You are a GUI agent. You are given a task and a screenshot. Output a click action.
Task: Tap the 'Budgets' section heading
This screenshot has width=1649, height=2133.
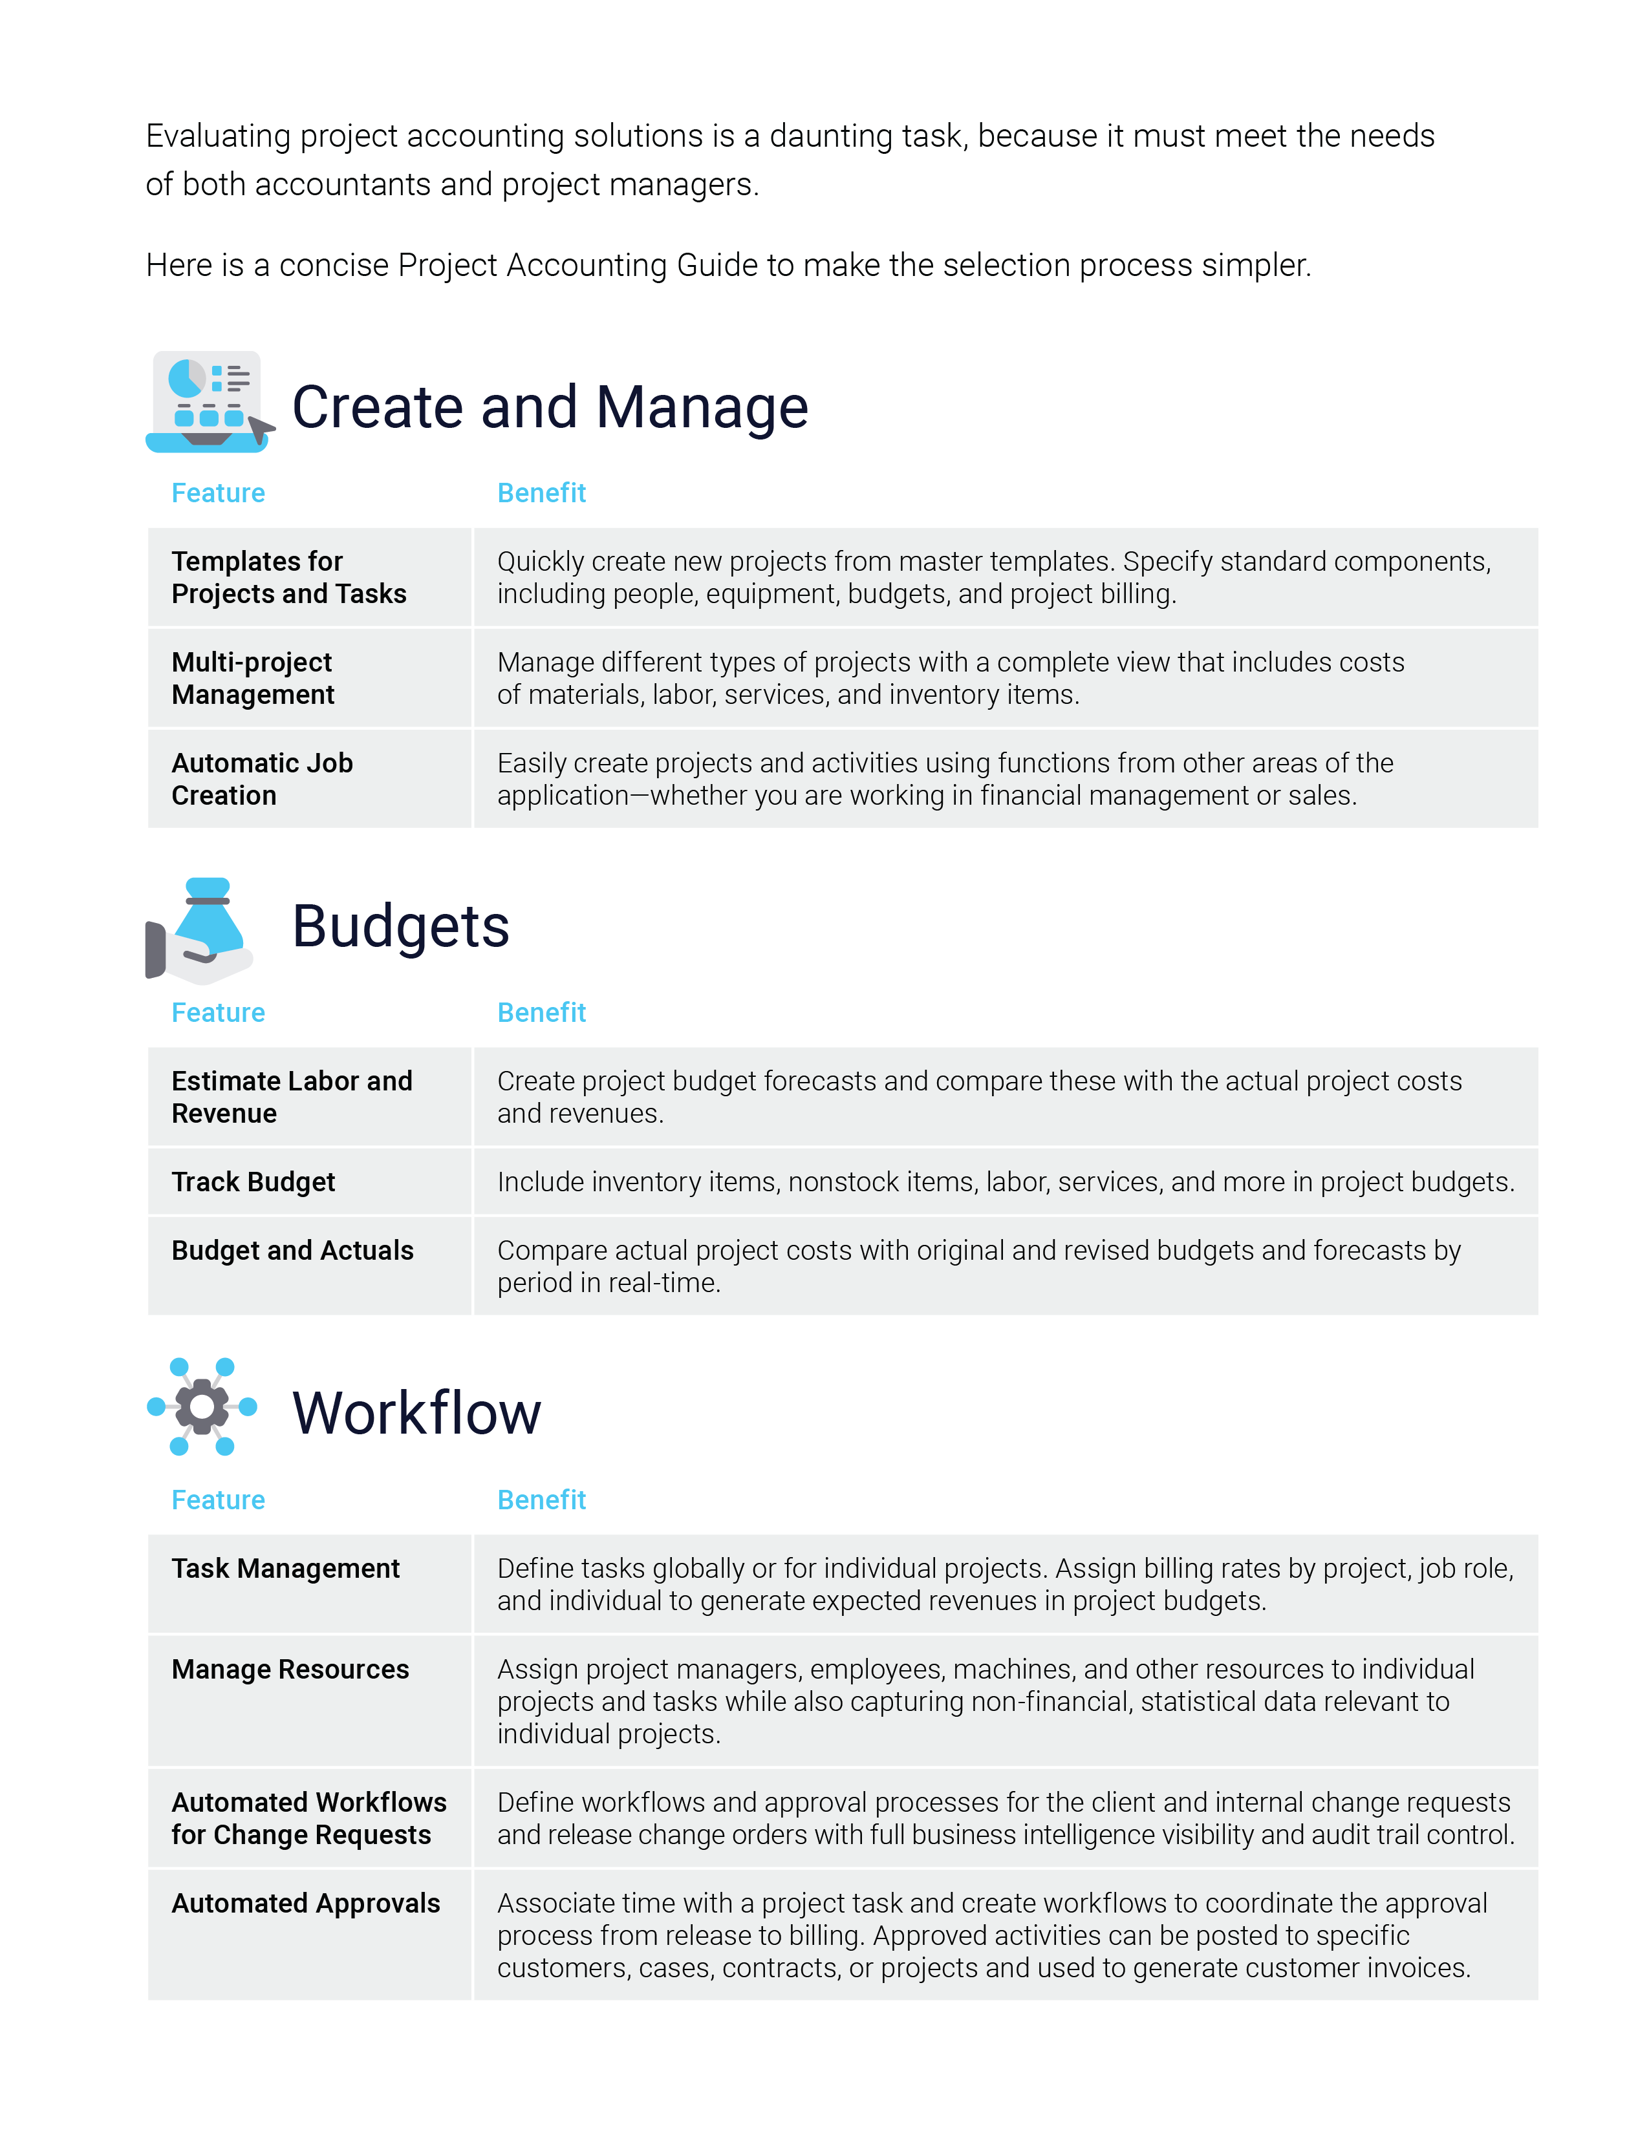[x=400, y=926]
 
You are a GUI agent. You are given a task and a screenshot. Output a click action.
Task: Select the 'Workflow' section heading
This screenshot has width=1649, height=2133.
[x=416, y=1412]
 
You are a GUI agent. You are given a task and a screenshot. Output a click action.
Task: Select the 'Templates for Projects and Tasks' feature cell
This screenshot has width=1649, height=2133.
[x=288, y=577]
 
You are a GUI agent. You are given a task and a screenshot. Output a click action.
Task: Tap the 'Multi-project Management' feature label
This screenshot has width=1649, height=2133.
[x=252, y=678]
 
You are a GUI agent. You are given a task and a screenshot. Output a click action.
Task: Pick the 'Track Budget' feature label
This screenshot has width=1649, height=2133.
[x=253, y=1182]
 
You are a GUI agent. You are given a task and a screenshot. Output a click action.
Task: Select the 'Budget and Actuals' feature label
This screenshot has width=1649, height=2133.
[x=292, y=1250]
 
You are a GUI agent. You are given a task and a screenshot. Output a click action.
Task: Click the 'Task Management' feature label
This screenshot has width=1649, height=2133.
[x=285, y=1569]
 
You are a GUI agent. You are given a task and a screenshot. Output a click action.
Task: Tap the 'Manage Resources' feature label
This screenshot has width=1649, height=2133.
[x=290, y=1669]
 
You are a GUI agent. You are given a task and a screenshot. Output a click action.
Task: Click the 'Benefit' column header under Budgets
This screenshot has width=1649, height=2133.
[x=541, y=1013]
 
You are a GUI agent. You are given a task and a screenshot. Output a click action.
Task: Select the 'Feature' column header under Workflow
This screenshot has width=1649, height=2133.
[x=218, y=1500]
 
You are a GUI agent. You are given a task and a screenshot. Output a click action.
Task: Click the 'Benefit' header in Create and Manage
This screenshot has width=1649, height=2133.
[x=541, y=493]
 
